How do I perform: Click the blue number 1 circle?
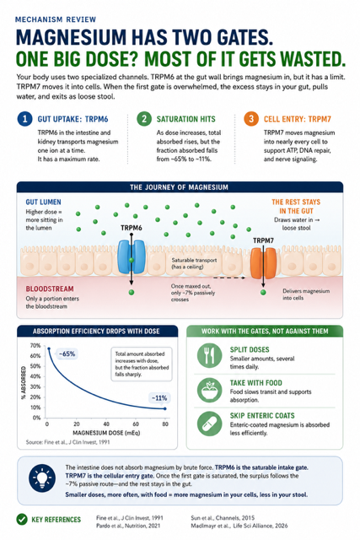point(24,119)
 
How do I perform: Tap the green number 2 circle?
point(144,119)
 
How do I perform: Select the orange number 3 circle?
point(251,119)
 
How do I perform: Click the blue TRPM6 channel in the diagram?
point(132,256)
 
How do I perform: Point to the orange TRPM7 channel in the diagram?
point(263,262)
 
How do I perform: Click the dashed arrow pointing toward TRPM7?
point(229,278)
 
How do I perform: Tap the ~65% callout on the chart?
point(67,354)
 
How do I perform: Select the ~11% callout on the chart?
point(159,397)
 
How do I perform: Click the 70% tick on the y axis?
point(35,345)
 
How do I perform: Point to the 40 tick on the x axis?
point(106,424)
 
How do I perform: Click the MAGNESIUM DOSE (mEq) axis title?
point(106,433)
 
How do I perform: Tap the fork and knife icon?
point(210,355)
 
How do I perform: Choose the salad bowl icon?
point(210,390)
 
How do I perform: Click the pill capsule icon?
point(210,424)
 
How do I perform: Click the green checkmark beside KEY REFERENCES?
point(22,520)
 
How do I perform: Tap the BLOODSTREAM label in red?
point(50,289)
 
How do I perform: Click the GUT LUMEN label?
point(43,202)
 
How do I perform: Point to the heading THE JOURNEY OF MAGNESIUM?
point(179,187)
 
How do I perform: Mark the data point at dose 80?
point(165,408)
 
